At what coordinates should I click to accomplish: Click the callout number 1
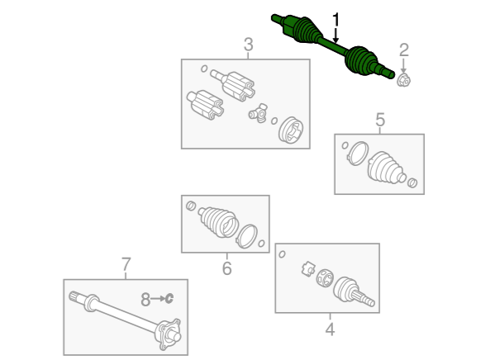(336, 20)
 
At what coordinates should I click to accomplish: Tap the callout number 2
(403, 50)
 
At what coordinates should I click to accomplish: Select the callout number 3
(248, 45)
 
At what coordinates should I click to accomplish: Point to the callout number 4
(330, 329)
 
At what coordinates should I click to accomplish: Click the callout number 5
(380, 120)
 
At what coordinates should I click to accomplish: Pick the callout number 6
(227, 268)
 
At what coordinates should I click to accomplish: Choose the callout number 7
(126, 264)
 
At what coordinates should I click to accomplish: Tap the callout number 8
(145, 300)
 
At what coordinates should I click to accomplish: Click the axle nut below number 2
(403, 79)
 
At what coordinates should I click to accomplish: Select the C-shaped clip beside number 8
(169, 298)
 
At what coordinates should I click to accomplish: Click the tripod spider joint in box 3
(259, 113)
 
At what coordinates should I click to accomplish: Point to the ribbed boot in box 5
(387, 168)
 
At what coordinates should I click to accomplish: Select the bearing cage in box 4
(325, 278)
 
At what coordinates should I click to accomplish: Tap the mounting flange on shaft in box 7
(168, 334)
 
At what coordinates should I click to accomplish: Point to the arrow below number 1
(336, 36)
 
